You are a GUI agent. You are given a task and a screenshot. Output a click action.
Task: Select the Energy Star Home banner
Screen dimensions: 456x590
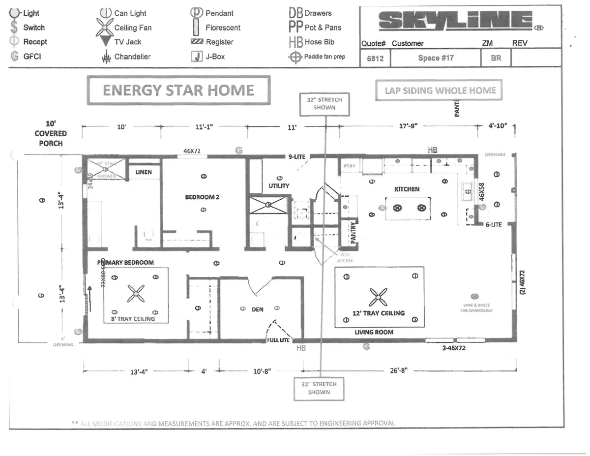coord(178,91)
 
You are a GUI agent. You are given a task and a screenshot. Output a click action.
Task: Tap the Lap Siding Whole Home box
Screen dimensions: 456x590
coord(440,91)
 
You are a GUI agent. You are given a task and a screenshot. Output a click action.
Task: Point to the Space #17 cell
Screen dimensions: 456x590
coord(436,58)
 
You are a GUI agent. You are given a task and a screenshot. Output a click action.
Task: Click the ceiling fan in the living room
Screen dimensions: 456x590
coord(378,297)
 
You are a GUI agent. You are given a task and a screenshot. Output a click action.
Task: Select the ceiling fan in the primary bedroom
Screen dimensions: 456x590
coord(135,294)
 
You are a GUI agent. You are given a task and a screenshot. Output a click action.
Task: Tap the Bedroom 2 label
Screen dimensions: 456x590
coord(202,197)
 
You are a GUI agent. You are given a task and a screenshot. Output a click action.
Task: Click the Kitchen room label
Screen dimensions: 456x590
coord(407,189)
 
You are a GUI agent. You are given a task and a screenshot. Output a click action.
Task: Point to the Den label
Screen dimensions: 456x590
coord(258,309)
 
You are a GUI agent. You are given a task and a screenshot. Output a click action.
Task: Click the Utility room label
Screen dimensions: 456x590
coord(279,186)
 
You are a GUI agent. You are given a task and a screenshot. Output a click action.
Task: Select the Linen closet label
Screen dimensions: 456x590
coord(144,172)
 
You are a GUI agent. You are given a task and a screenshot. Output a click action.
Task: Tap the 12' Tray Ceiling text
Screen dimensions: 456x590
coord(378,313)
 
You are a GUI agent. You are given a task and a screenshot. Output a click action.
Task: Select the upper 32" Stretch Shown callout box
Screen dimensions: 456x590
coord(324,103)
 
